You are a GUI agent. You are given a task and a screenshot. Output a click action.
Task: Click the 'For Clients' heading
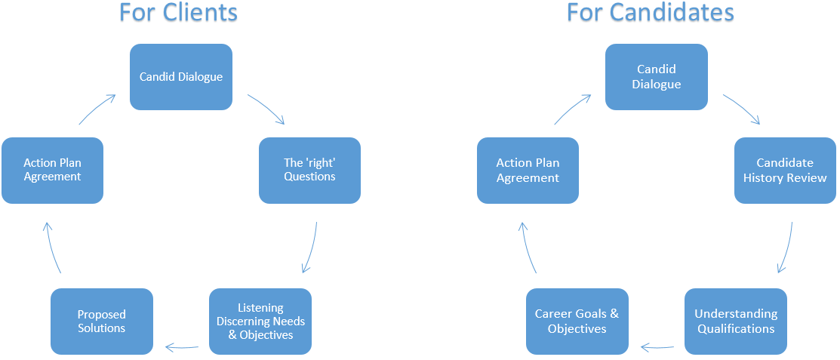coord(178,12)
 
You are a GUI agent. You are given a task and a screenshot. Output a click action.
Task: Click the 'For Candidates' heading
coord(651,12)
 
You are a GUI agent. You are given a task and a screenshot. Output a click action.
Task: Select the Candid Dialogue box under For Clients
coord(181,77)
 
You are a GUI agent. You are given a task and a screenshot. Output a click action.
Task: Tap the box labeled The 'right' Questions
coord(309,171)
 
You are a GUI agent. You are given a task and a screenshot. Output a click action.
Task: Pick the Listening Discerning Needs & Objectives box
coord(260,322)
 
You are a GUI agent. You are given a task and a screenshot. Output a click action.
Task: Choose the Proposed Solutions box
coord(102,322)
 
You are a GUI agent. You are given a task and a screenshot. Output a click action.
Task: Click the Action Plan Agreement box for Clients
coord(53,171)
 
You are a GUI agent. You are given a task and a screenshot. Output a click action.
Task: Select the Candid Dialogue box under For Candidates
coord(657,77)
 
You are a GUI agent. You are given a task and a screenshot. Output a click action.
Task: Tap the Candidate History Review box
coord(785,171)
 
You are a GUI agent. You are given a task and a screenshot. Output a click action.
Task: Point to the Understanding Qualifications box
coord(736,322)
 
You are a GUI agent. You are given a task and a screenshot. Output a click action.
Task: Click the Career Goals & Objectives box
coord(577,322)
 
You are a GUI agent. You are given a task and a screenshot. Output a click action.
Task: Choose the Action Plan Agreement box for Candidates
coord(528,171)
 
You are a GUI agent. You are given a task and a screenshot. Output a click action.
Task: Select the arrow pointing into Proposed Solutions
coord(182,348)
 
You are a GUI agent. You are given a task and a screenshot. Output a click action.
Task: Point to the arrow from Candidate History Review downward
coord(786,248)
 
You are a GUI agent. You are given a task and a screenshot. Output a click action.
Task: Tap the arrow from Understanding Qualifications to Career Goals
coord(657,348)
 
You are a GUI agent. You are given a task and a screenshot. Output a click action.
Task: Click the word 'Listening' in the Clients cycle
coord(260,308)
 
